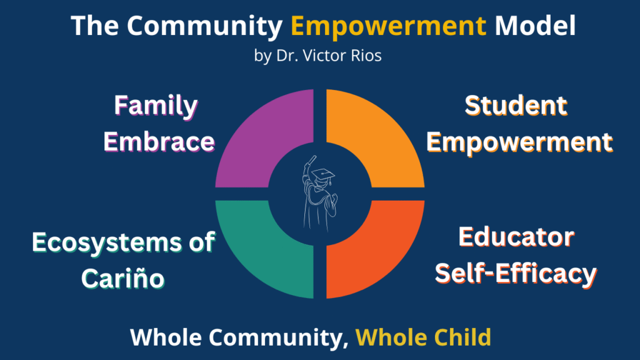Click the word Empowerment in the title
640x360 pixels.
[389, 26]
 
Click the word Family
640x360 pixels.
[156, 106]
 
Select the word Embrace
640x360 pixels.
[159, 142]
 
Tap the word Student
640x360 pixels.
[516, 106]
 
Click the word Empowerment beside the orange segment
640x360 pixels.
[519, 142]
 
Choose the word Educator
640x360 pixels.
[516, 237]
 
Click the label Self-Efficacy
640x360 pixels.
[516, 274]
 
